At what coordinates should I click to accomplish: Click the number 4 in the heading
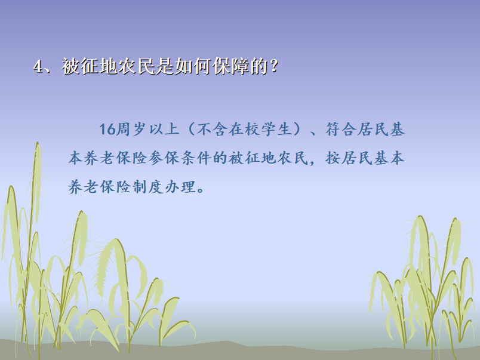38,66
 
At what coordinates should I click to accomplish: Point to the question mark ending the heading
274,66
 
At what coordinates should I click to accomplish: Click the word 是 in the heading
165,66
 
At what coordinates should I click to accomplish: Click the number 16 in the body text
107,129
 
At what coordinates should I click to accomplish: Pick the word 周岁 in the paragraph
131,129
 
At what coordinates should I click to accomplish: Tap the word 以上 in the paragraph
164,129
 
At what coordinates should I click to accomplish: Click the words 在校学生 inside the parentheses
260,129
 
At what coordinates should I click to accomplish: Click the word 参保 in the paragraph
164,158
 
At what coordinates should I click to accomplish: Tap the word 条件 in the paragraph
196,158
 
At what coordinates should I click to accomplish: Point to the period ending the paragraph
201,190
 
